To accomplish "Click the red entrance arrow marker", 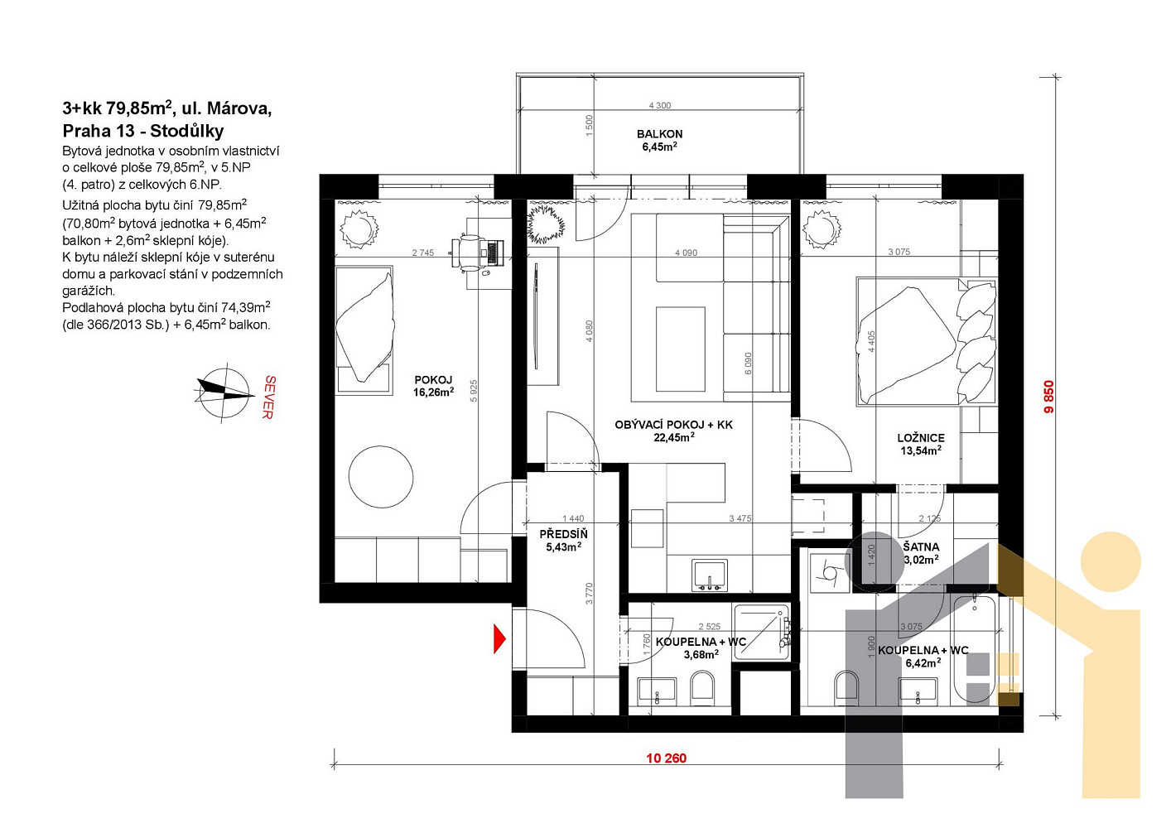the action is click(x=499, y=638).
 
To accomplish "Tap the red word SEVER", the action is click(x=268, y=397).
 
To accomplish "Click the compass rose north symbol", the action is click(x=224, y=392).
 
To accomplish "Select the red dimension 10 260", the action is click(x=666, y=758).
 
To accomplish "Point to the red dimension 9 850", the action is click(x=1049, y=397).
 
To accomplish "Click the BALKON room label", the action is click(x=660, y=134).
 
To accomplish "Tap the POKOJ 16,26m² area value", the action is click(x=433, y=392).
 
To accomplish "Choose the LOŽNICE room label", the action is click(x=921, y=438).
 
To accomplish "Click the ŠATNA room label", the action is click(x=921, y=546).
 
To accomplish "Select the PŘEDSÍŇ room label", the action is click(x=563, y=534).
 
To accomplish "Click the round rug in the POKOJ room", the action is click(x=381, y=477).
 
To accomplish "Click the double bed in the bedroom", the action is click(x=927, y=342).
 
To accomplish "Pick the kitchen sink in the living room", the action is click(x=710, y=575).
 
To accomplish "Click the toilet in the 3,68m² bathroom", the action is click(x=702, y=687).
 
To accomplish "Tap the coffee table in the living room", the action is click(x=680, y=349).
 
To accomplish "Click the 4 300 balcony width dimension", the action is click(x=660, y=106).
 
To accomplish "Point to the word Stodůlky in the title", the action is click(x=186, y=131).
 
